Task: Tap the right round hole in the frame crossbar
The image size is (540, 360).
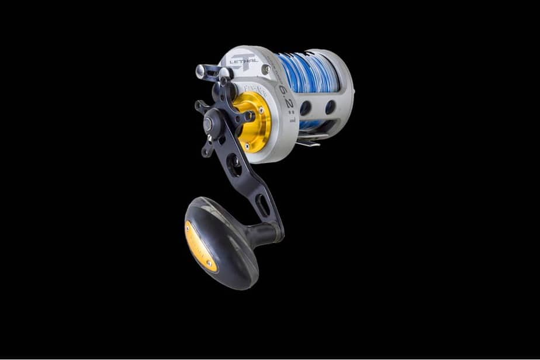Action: coord(330,107)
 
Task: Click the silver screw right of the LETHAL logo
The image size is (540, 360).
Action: coord(266,69)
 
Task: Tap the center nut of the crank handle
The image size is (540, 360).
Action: coord(209,123)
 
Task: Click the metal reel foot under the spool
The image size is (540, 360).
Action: coord(312,140)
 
